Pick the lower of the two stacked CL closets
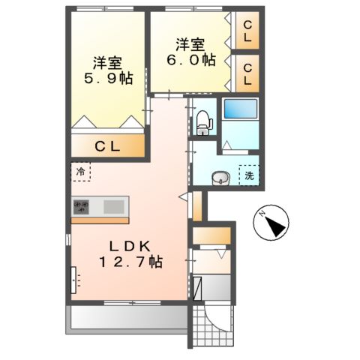(x=247, y=73)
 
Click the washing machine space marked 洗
(x=248, y=175)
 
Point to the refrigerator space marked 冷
(x=80, y=172)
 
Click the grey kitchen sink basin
(x=115, y=205)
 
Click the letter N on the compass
(x=262, y=215)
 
